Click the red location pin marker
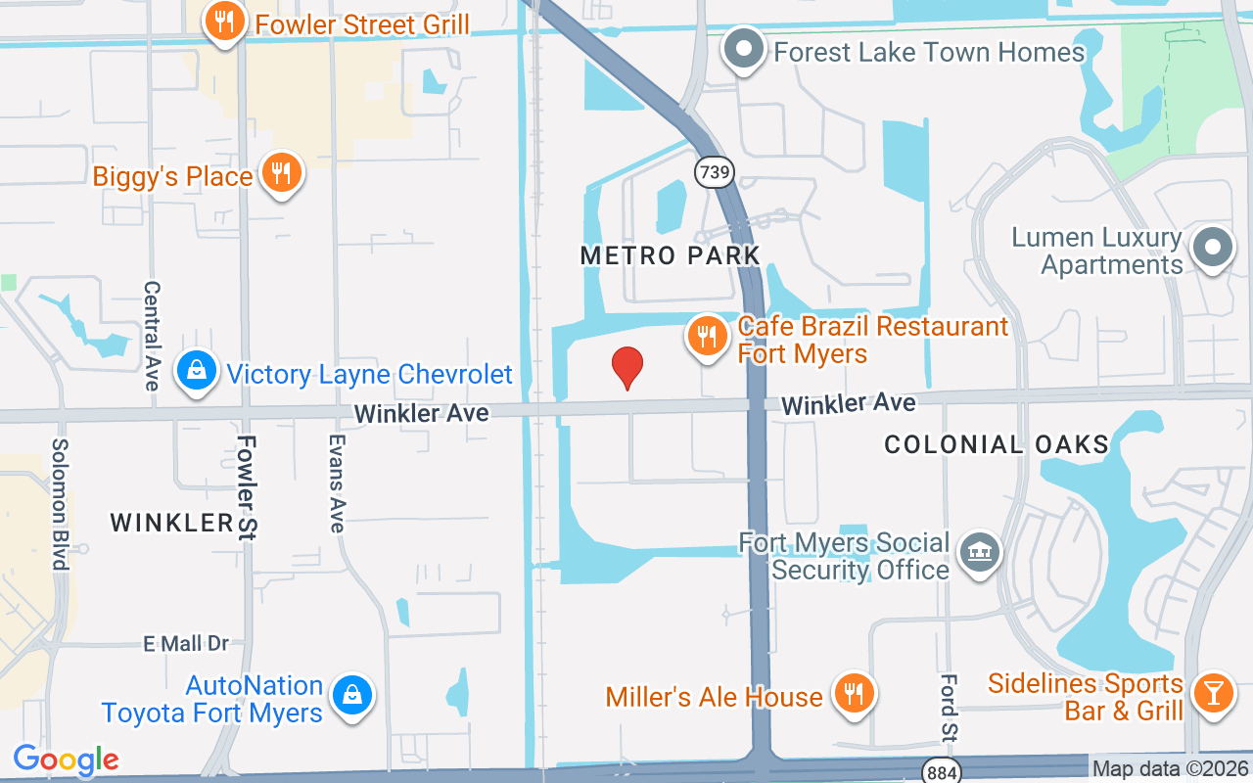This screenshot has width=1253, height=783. tap(626, 367)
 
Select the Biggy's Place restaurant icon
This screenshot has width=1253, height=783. tap(282, 174)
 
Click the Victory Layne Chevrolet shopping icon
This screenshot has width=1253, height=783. tap(198, 372)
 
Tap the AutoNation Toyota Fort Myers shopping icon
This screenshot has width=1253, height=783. tap(349, 696)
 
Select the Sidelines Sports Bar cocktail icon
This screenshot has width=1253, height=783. tap(1214, 694)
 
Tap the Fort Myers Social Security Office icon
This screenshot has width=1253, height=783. tap(979, 554)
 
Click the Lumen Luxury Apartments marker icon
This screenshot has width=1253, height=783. tap(1214, 247)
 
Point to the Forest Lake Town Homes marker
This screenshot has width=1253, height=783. tap(744, 49)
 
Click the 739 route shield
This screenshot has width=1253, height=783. tap(715, 172)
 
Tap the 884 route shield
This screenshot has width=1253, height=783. tap(938, 771)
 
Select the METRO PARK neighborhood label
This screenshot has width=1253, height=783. tap(670, 256)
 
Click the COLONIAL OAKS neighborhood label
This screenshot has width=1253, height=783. tap(996, 445)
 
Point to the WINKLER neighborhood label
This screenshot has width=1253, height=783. tap(171, 523)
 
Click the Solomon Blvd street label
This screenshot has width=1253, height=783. tap(60, 503)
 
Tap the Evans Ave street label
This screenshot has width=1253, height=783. tap(336, 484)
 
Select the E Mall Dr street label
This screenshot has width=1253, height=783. tap(186, 643)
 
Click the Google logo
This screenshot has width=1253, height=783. tap(66, 760)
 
